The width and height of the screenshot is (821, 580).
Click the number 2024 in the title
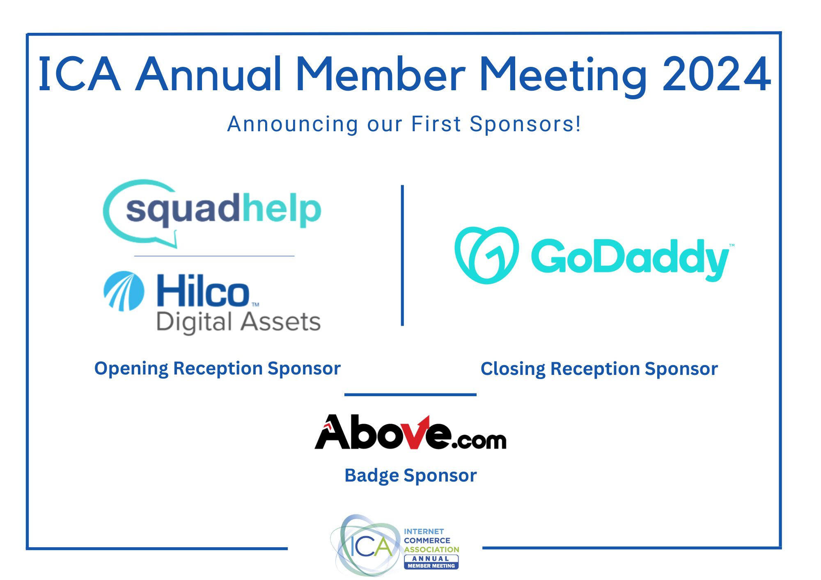tap(717, 74)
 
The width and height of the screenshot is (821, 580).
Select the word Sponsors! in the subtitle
tap(525, 124)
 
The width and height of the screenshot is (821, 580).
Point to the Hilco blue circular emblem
tap(124, 291)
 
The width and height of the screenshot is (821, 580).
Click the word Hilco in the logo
tap(203, 291)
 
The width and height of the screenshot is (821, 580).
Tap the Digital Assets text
tap(239, 322)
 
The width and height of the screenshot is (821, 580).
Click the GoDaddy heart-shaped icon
tap(486, 255)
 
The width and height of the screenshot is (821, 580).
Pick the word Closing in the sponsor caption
tap(513, 369)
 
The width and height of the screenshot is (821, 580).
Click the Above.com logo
tap(410, 432)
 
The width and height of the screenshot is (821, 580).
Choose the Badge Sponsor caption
tap(410, 475)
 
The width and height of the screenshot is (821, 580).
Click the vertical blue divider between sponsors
tap(402, 255)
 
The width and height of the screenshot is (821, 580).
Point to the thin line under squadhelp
tap(214, 256)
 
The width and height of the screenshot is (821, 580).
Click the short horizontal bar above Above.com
tap(410, 395)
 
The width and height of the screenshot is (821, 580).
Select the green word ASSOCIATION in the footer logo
tap(431, 549)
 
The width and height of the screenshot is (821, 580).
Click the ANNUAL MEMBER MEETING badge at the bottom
tap(431, 562)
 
